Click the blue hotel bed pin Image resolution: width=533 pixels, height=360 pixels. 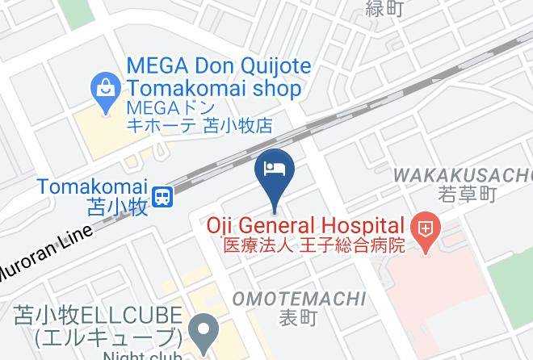275,170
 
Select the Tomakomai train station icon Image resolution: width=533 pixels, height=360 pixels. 164,195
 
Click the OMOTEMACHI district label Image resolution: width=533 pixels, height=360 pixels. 299,299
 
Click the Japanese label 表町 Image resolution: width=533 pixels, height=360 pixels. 299,318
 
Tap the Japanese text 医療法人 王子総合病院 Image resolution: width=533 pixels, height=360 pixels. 313,244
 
